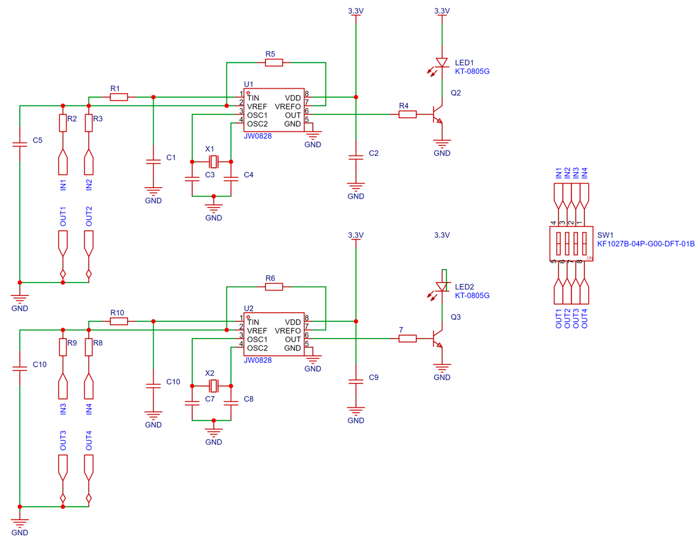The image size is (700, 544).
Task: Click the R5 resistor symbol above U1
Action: pos(274,63)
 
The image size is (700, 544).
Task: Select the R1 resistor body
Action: pos(119,97)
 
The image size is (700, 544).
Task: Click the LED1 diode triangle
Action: pos(442,63)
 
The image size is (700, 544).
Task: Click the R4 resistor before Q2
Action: pos(407,114)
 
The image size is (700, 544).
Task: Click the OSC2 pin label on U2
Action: pos(257,348)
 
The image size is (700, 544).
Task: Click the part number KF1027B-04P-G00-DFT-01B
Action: pos(646,244)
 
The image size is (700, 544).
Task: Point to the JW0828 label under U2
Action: pos(258,360)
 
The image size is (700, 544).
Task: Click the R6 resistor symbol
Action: pos(274,287)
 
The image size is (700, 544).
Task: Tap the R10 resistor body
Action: pos(119,321)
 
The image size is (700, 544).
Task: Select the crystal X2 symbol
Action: pos(213,386)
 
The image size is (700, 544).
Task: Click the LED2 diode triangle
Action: pos(442,287)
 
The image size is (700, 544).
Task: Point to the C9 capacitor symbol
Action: pos(355,382)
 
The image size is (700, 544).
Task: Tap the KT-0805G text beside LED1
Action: pos(472,71)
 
